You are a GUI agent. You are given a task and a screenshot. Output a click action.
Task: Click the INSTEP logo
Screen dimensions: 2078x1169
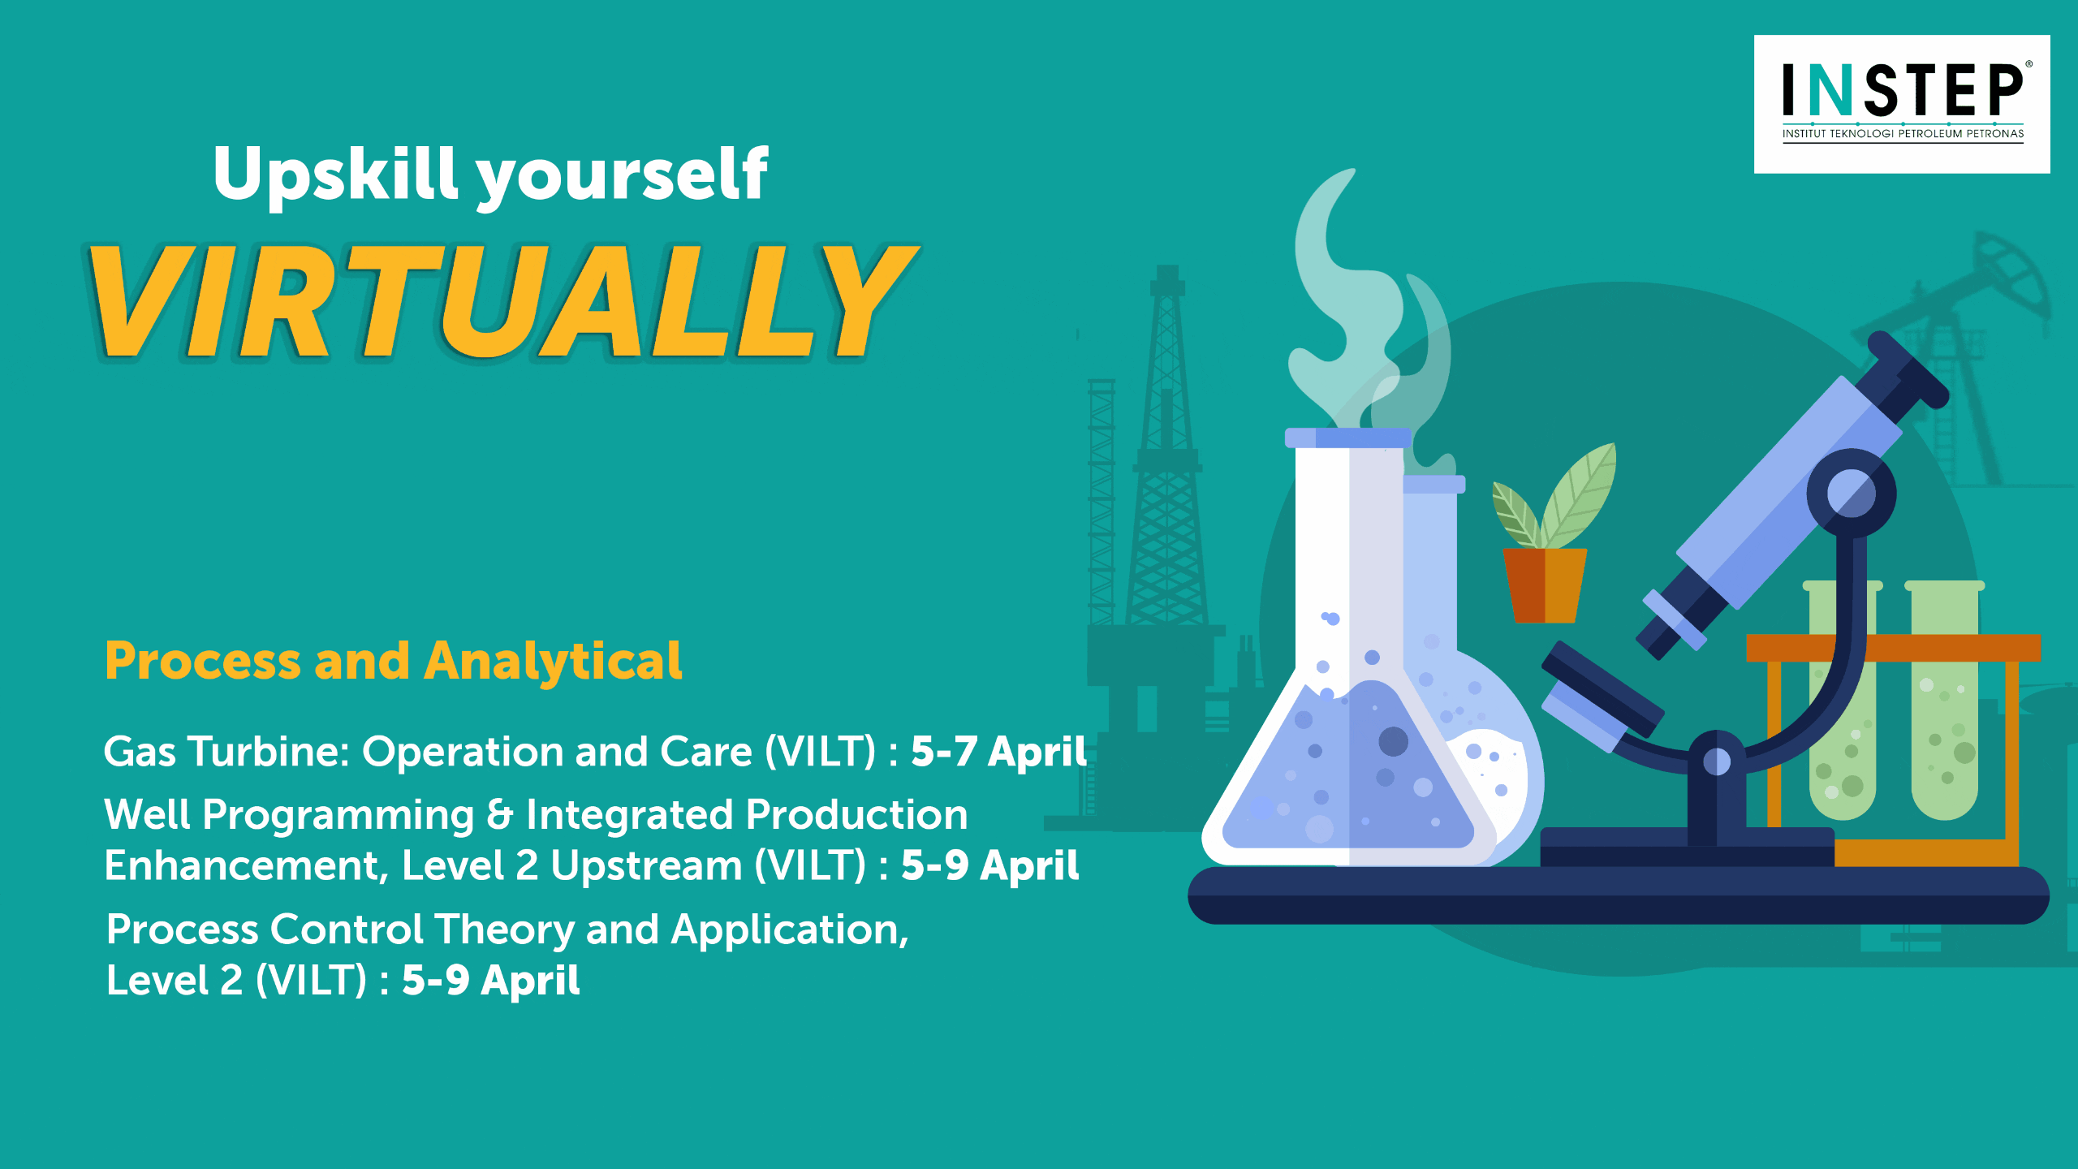coord(1902,104)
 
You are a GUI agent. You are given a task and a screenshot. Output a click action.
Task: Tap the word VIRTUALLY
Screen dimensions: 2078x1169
coord(503,301)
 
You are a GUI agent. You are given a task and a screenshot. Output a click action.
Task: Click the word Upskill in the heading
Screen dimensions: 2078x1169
coord(336,175)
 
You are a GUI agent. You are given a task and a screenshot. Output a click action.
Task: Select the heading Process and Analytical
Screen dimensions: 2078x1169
coord(393,662)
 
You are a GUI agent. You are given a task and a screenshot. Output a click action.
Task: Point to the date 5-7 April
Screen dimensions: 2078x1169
coord(998,751)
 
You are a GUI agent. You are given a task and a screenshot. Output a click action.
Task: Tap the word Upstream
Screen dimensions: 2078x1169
coord(646,866)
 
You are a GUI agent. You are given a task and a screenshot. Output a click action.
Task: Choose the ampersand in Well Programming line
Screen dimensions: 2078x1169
coord(500,814)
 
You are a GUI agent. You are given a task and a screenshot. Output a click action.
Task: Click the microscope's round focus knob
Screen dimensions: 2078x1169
coord(1852,494)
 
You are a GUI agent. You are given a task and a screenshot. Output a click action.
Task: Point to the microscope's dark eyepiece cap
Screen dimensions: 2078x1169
coord(1908,369)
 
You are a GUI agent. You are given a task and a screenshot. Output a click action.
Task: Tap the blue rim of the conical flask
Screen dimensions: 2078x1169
coord(1348,438)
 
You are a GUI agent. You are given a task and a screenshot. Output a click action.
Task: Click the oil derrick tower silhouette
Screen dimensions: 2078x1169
coord(1167,455)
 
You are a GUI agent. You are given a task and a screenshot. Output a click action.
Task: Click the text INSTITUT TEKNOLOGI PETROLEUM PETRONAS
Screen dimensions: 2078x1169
coord(1903,134)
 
